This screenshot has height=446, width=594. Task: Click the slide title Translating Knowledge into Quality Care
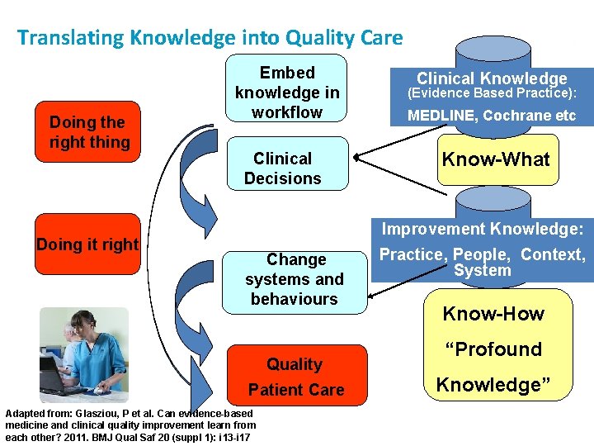click(x=210, y=38)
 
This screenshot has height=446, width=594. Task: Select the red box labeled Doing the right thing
click(x=87, y=132)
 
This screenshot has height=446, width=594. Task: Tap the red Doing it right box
click(x=87, y=244)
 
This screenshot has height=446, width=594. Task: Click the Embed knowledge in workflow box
click(x=287, y=92)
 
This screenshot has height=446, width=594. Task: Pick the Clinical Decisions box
click(x=283, y=168)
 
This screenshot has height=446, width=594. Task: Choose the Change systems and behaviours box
click(x=295, y=280)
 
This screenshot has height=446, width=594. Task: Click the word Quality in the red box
click(x=295, y=364)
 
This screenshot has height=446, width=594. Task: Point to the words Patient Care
click(x=296, y=390)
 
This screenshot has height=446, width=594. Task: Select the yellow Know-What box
click(x=495, y=159)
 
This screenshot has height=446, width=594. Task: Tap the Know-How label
click(x=493, y=314)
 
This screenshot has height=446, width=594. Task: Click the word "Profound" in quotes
click(x=494, y=349)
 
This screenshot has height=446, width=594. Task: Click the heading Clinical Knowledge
click(x=492, y=79)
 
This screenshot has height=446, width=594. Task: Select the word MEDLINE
click(x=441, y=116)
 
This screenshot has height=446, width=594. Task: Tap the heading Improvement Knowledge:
click(x=482, y=230)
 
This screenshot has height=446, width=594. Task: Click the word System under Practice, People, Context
click(x=483, y=271)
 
